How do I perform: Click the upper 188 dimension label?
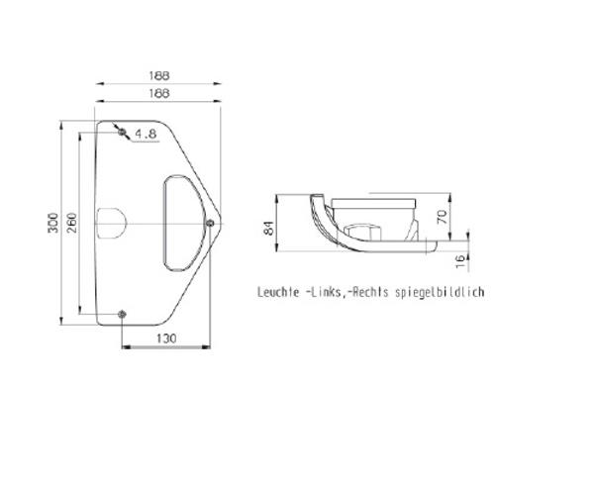pyautogui.click(x=159, y=76)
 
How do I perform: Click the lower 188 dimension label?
pyautogui.click(x=159, y=93)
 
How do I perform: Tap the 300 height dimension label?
pyautogui.click(x=53, y=223)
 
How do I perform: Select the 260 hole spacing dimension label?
pyautogui.click(x=71, y=223)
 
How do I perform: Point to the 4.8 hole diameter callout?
pyautogui.click(x=146, y=134)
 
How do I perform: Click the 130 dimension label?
pyautogui.click(x=166, y=338)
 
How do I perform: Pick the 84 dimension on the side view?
pyautogui.click(x=268, y=229)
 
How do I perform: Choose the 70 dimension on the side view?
pyautogui.click(x=443, y=217)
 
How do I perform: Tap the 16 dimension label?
pyautogui.click(x=459, y=261)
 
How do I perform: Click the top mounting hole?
pyautogui.click(x=122, y=133)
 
